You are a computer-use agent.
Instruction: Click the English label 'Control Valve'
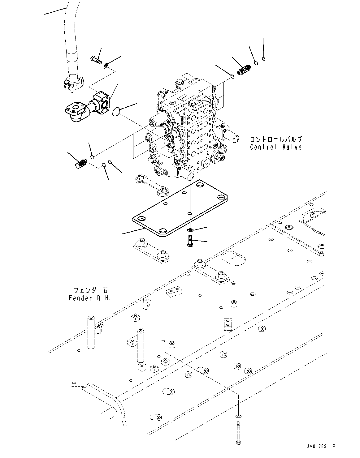click(x=276, y=147)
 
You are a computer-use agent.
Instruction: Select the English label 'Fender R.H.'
click(x=89, y=298)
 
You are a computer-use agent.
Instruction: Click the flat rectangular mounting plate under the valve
click(x=180, y=210)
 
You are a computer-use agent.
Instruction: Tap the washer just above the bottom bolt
click(x=238, y=416)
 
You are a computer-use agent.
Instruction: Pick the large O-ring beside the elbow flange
click(x=116, y=112)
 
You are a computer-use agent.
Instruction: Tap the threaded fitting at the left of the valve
click(x=81, y=164)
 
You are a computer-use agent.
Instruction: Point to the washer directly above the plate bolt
click(x=191, y=230)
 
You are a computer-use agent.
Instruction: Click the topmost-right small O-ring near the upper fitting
click(x=263, y=58)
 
